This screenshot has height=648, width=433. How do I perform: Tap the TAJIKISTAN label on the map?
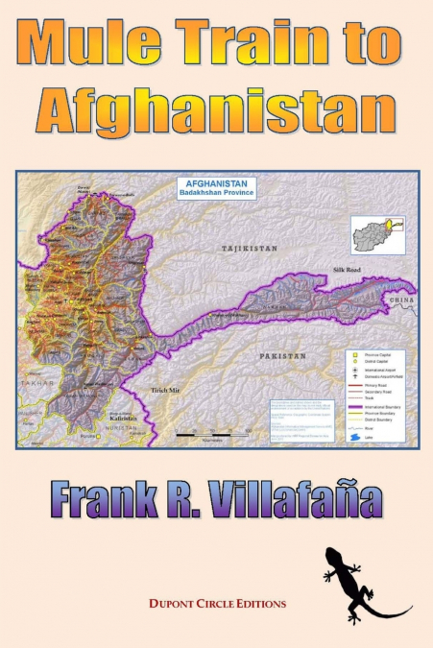249,248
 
